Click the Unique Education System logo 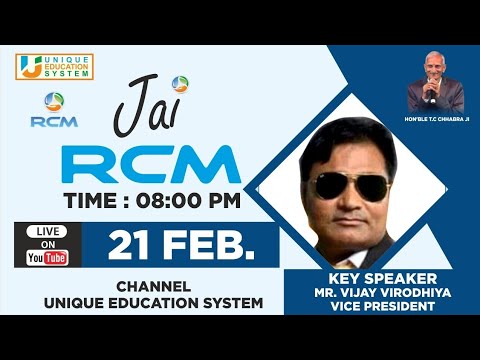(54, 67)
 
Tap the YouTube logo (47, 258)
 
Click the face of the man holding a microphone (433, 67)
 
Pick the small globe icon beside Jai (180, 84)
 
